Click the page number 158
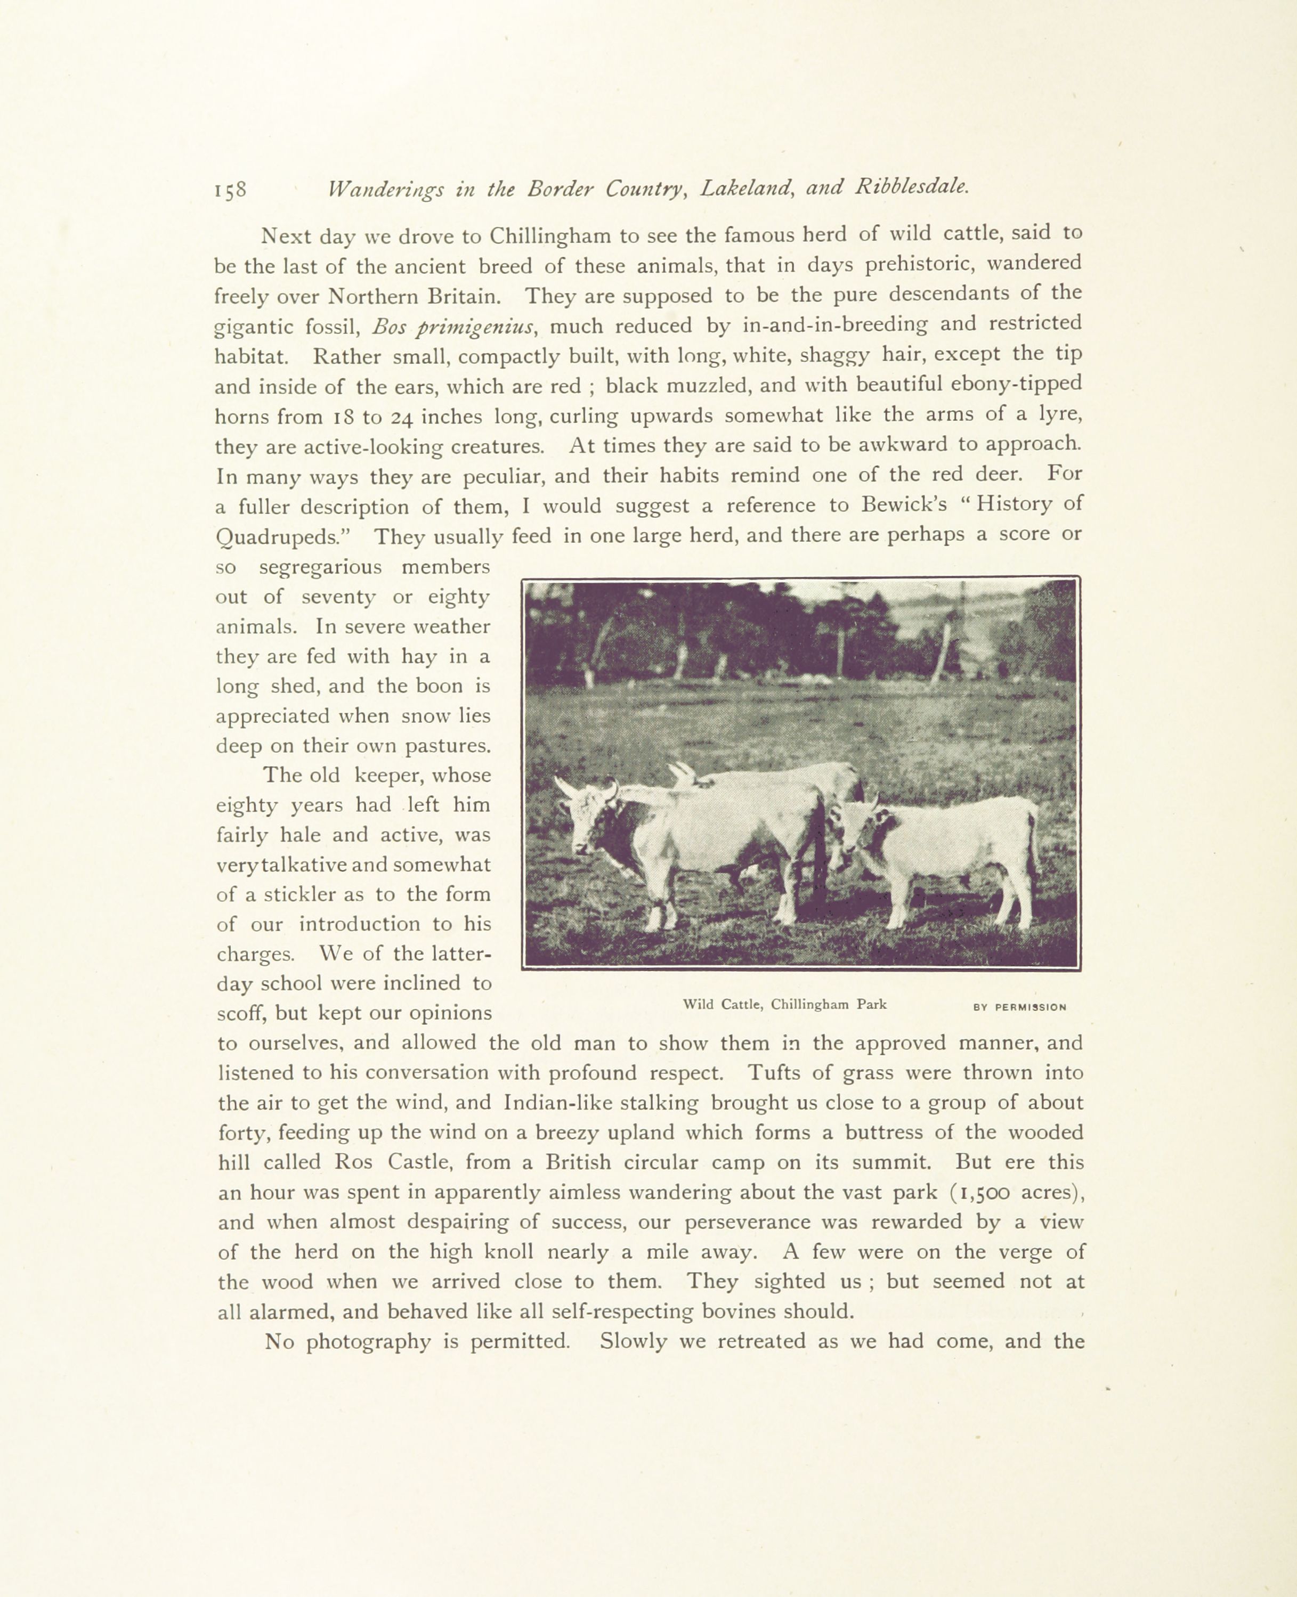[230, 190]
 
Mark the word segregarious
[320, 567]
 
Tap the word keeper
[386, 776]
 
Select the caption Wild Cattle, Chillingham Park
[784, 1005]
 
